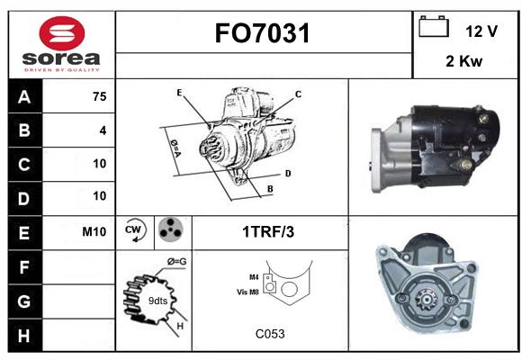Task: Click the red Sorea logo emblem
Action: coord(62,33)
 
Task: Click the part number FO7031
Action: coord(263,33)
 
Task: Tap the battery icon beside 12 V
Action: coord(434,26)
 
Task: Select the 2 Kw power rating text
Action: coord(463,61)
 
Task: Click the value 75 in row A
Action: coord(100,96)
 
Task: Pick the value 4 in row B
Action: coord(103,130)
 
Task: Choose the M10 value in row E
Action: coord(94,231)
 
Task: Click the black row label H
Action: coord(24,336)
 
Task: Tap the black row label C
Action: coord(24,165)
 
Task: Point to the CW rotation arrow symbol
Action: coord(135,230)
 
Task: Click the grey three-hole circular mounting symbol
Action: coord(170,229)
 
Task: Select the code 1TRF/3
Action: coord(268,232)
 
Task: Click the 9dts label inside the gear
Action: coord(157,301)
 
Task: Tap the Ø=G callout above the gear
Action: coord(176,261)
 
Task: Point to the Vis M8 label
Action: coord(247,292)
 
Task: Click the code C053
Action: coord(270,334)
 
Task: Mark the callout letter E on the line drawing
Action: coord(179,93)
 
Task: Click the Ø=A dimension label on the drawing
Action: coord(175,148)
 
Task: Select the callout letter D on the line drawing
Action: coord(288,174)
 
